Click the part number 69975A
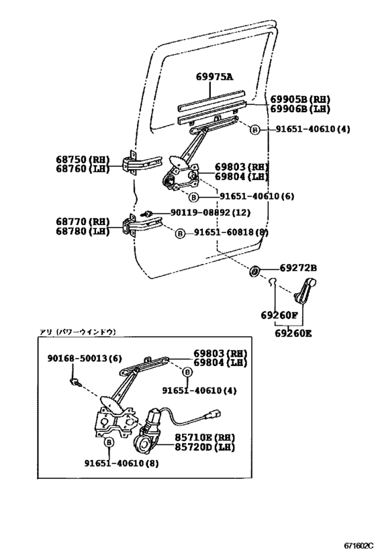[x=215, y=77]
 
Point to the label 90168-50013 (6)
[x=85, y=359]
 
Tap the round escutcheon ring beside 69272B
[x=256, y=271]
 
